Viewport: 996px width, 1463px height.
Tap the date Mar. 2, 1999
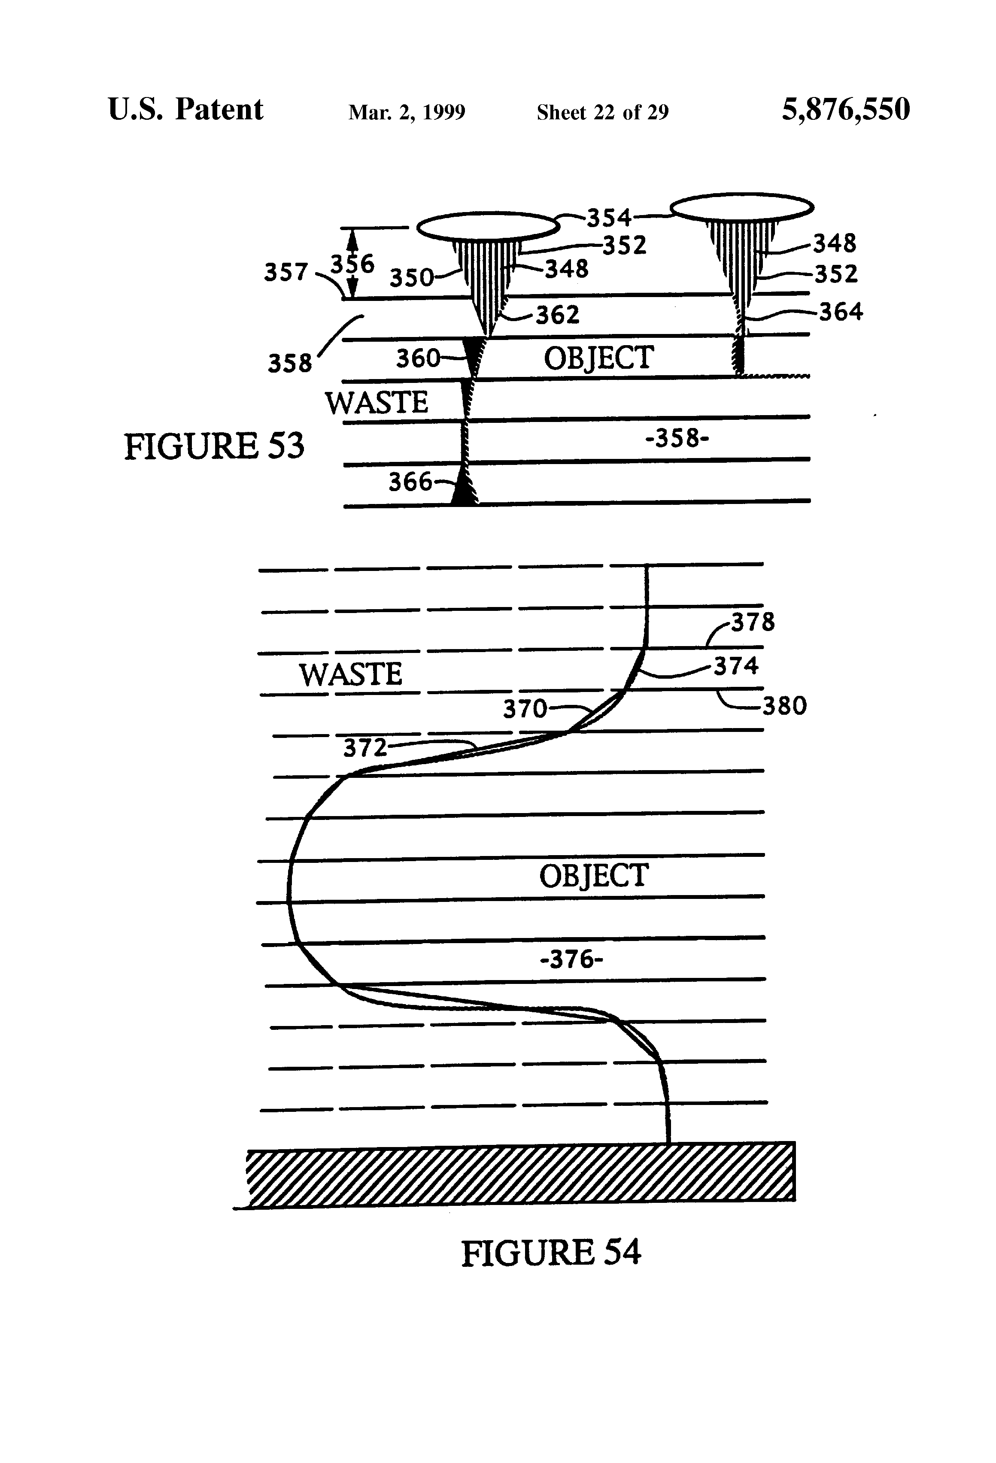click(x=407, y=112)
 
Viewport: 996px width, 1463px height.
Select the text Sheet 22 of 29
click(x=602, y=112)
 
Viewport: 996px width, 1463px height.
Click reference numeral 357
click(x=285, y=273)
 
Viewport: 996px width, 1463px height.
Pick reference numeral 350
click(x=411, y=278)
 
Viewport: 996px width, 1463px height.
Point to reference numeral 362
click(x=557, y=315)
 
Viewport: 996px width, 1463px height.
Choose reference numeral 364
click(x=841, y=312)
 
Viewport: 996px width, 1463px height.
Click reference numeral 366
click(x=410, y=482)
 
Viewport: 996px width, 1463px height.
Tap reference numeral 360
click(x=417, y=359)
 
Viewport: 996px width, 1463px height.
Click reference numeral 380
click(x=784, y=706)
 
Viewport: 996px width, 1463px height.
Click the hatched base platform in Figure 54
click(x=520, y=1175)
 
